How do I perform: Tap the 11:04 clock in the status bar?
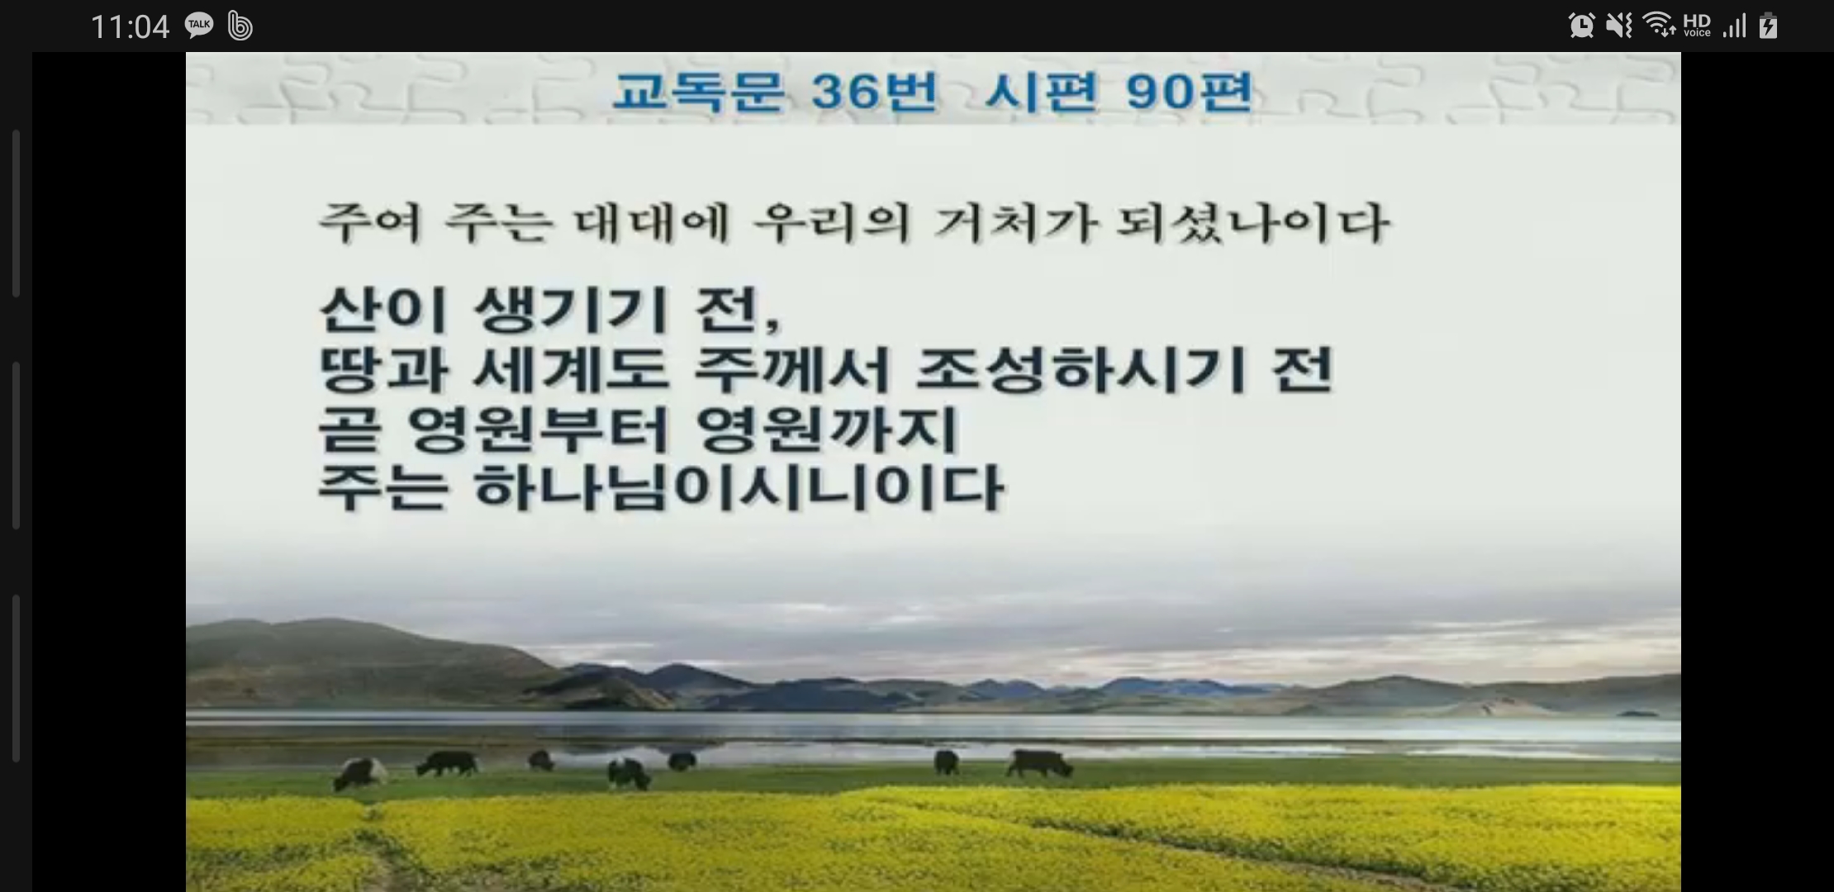(130, 27)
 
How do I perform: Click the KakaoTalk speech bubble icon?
(199, 26)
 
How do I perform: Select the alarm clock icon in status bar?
(1581, 26)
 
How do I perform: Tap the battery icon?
(1768, 26)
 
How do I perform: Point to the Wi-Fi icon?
(1659, 26)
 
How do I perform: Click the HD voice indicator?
(1697, 26)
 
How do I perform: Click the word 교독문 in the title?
(697, 91)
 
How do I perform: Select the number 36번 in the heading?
(875, 91)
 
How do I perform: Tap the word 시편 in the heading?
(1041, 91)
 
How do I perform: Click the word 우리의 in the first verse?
(833, 223)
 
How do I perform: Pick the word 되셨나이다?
(1252, 223)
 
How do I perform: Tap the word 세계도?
(571, 369)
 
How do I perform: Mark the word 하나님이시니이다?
(739, 487)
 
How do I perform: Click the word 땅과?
(383, 369)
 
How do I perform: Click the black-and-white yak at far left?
(359, 773)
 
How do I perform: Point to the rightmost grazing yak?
(1038, 763)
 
